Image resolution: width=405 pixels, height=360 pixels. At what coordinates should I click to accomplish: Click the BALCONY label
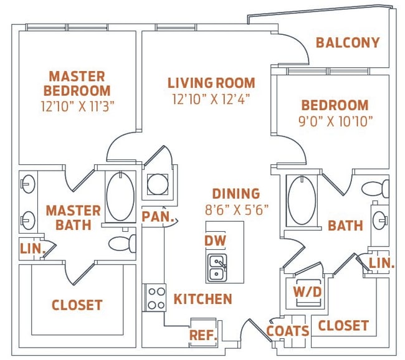(x=348, y=42)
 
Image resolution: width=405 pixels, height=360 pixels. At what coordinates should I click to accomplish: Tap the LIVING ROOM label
(x=211, y=83)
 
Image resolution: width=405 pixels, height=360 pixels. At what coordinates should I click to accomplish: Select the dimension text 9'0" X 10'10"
(x=336, y=121)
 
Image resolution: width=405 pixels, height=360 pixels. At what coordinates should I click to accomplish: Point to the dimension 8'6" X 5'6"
(x=237, y=210)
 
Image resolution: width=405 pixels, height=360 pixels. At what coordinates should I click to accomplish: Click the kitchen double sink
(x=217, y=268)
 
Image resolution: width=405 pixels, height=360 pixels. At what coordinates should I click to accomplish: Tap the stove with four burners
(x=156, y=298)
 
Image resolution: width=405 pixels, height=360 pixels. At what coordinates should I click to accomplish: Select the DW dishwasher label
(x=215, y=240)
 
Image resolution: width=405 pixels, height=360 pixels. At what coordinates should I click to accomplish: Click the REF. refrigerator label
(x=203, y=335)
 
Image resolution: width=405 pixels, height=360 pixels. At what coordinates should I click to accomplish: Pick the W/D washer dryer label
(x=307, y=292)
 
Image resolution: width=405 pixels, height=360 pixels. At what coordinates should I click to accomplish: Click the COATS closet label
(x=288, y=331)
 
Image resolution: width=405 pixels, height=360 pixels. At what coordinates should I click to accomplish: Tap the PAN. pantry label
(x=158, y=216)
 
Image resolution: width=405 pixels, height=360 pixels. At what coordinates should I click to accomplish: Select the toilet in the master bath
(x=122, y=244)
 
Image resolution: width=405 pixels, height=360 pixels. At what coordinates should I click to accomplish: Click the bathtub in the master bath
(x=120, y=196)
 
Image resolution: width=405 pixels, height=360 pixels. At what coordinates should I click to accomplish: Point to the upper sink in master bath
(x=28, y=184)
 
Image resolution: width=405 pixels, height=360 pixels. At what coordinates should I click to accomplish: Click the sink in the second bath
(x=381, y=220)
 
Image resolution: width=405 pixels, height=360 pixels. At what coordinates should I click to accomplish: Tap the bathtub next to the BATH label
(x=302, y=201)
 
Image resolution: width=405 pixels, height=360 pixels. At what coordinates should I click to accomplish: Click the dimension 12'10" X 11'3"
(x=77, y=106)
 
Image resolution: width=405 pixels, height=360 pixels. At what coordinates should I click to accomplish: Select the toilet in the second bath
(x=375, y=189)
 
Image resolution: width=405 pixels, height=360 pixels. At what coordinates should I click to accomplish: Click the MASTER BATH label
(x=74, y=218)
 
